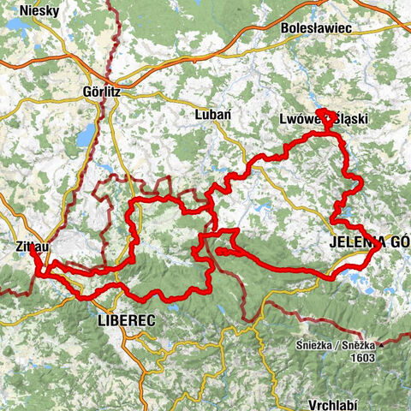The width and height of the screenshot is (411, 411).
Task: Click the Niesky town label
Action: tap(26, 11)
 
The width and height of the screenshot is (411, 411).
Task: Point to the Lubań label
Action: tap(211, 114)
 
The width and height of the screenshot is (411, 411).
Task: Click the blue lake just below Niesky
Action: tap(15, 27)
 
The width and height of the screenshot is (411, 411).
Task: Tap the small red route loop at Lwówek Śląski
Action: tap(326, 116)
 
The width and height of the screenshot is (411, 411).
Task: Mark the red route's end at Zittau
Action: tap(32, 250)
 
